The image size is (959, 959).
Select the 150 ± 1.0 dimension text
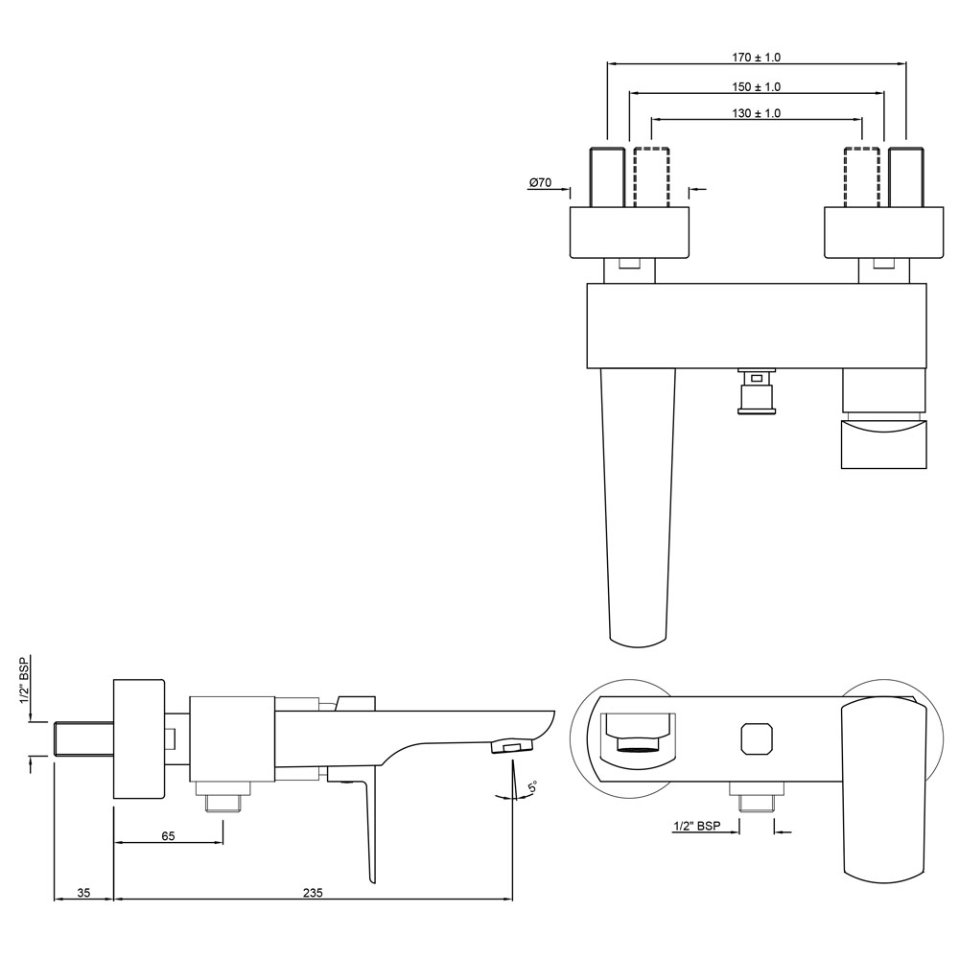pyautogui.click(x=756, y=86)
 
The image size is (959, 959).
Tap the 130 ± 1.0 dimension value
pyautogui.click(x=756, y=113)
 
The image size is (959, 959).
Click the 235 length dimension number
pyautogui.click(x=313, y=892)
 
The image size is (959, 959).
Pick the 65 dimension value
pyautogui.click(x=168, y=836)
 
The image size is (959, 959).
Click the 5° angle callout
pyautogui.click(x=532, y=788)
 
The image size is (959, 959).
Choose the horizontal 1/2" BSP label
pyautogui.click(x=696, y=826)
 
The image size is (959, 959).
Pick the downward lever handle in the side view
pyautogui.click(x=367, y=825)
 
